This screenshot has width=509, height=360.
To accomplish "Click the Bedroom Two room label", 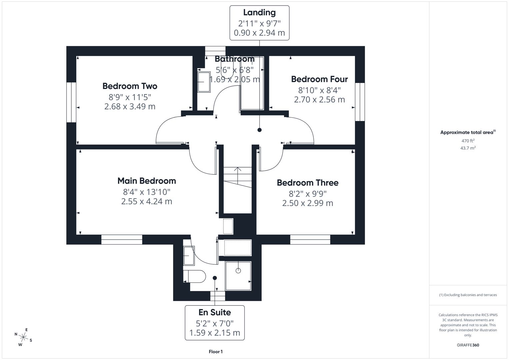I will click(x=130, y=86).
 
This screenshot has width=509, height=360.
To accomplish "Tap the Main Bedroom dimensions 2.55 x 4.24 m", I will click(x=146, y=201).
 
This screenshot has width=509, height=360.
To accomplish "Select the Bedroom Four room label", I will click(x=319, y=79).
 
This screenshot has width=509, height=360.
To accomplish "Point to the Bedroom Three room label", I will click(x=307, y=183).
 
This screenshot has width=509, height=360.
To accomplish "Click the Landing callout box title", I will click(x=259, y=13).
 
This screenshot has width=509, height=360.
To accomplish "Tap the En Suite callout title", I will click(x=214, y=312).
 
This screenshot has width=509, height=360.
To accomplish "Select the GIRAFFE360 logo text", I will click(x=468, y=345).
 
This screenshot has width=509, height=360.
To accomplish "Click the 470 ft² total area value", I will click(x=468, y=141).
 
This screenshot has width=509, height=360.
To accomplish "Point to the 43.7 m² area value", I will click(x=468, y=148).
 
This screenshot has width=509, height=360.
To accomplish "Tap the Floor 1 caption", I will click(x=215, y=352).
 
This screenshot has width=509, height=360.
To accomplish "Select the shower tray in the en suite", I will click(x=238, y=276).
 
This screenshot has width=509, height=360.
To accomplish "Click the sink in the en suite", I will click(x=189, y=255).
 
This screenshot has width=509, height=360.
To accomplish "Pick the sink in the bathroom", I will click(x=204, y=82).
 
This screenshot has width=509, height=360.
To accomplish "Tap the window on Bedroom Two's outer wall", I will click(x=71, y=102).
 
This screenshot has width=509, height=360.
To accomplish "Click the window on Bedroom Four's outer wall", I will click(x=360, y=102).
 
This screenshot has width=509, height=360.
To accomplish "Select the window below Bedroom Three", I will click(x=310, y=239).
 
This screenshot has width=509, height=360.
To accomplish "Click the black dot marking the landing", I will click(x=259, y=130).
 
